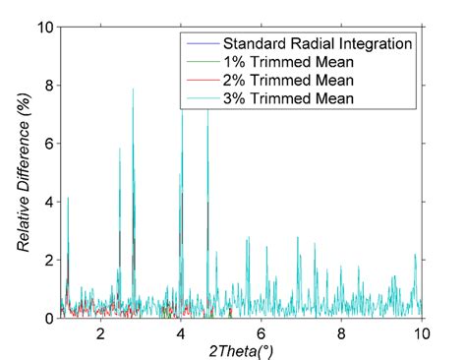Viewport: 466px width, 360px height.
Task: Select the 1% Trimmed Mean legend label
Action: pyautogui.click(x=285, y=62)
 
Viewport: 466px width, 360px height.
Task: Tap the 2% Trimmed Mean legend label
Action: pyautogui.click(x=285, y=81)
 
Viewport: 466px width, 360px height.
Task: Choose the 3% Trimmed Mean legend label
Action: pyautogui.click(x=285, y=99)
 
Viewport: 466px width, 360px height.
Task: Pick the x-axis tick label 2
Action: pyautogui.click(x=99, y=332)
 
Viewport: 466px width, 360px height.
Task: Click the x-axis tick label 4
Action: pyautogui.click(x=180, y=332)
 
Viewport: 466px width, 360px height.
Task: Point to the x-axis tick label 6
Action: pyautogui.click(x=261, y=332)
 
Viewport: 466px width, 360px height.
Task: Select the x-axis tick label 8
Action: pyautogui.click(x=341, y=332)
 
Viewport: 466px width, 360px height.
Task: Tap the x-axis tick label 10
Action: pyautogui.click(x=421, y=332)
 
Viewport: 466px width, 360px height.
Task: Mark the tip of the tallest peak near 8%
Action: pyautogui.click(x=134, y=89)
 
